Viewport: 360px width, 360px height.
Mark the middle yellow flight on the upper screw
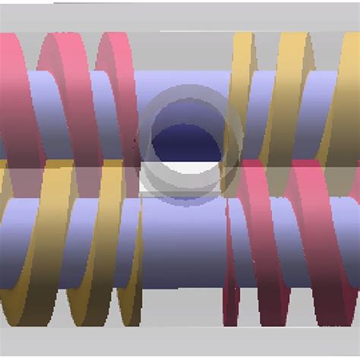(289, 91)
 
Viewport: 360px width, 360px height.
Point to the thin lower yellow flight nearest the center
(129, 251)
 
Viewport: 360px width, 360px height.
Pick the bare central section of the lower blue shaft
(182, 243)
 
